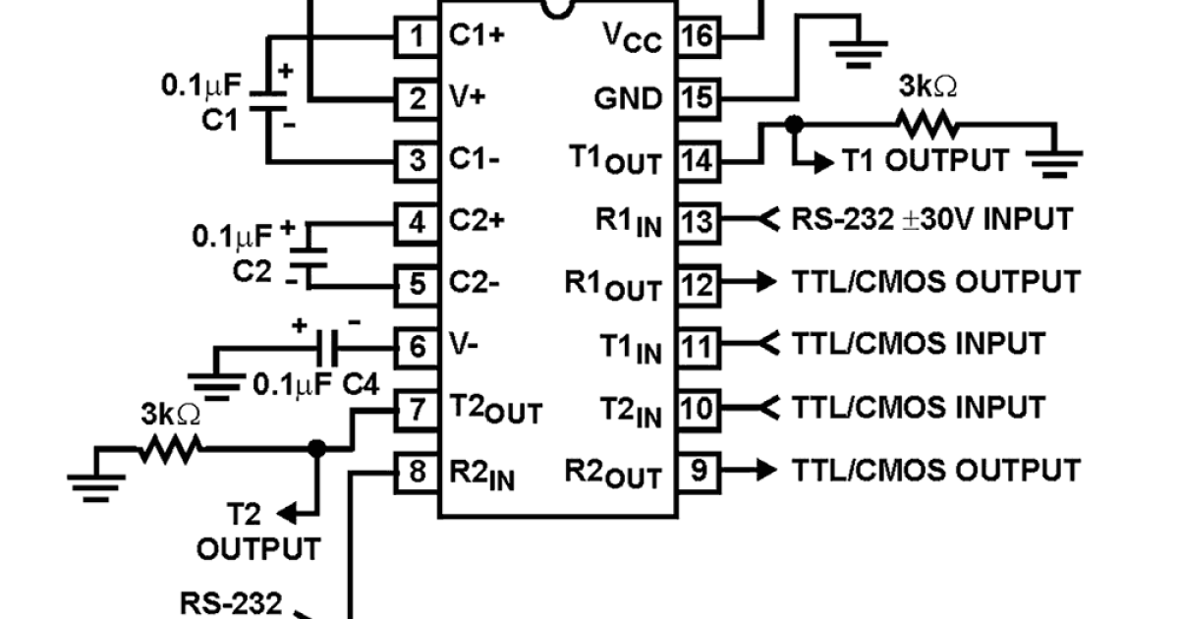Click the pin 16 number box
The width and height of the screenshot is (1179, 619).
[699, 36]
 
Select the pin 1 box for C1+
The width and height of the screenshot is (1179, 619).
[417, 36]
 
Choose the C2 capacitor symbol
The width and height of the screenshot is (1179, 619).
[309, 253]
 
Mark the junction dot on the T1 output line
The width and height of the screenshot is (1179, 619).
[794, 125]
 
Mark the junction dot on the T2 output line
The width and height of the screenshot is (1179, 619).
[316, 448]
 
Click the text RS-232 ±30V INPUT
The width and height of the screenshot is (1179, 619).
[931, 219]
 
